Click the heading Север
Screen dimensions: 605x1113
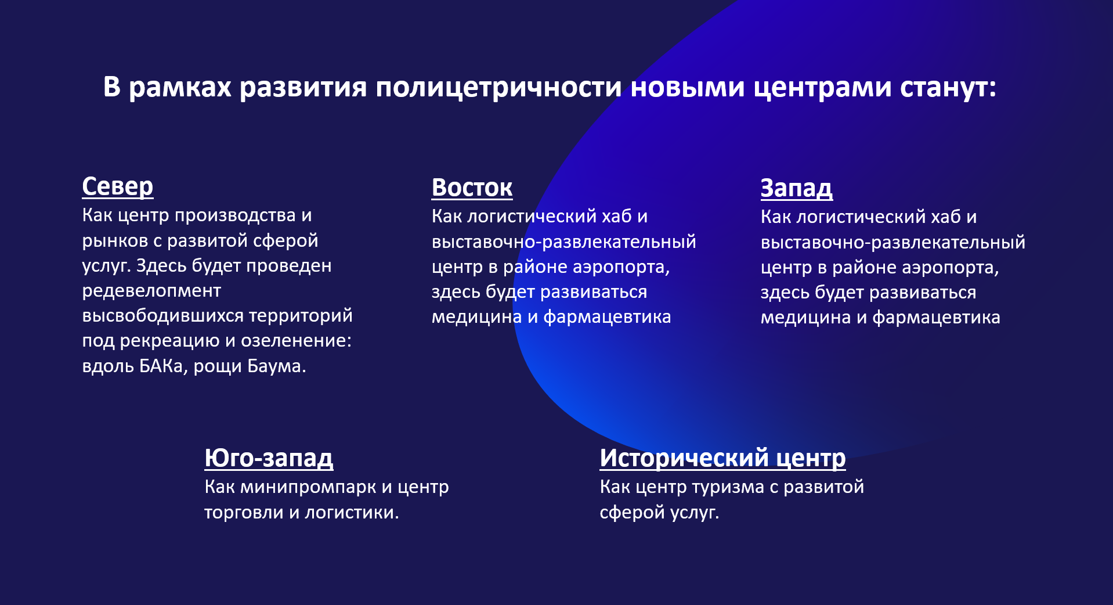(117, 186)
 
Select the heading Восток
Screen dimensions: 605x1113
(472, 188)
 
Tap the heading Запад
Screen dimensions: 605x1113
(796, 188)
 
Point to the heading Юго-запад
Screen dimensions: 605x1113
(269, 458)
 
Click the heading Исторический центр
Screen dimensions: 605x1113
(722, 458)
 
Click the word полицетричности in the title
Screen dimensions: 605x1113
(498, 88)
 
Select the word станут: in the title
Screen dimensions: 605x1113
(948, 88)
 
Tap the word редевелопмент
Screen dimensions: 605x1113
(151, 290)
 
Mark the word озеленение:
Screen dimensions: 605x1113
(296, 341)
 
